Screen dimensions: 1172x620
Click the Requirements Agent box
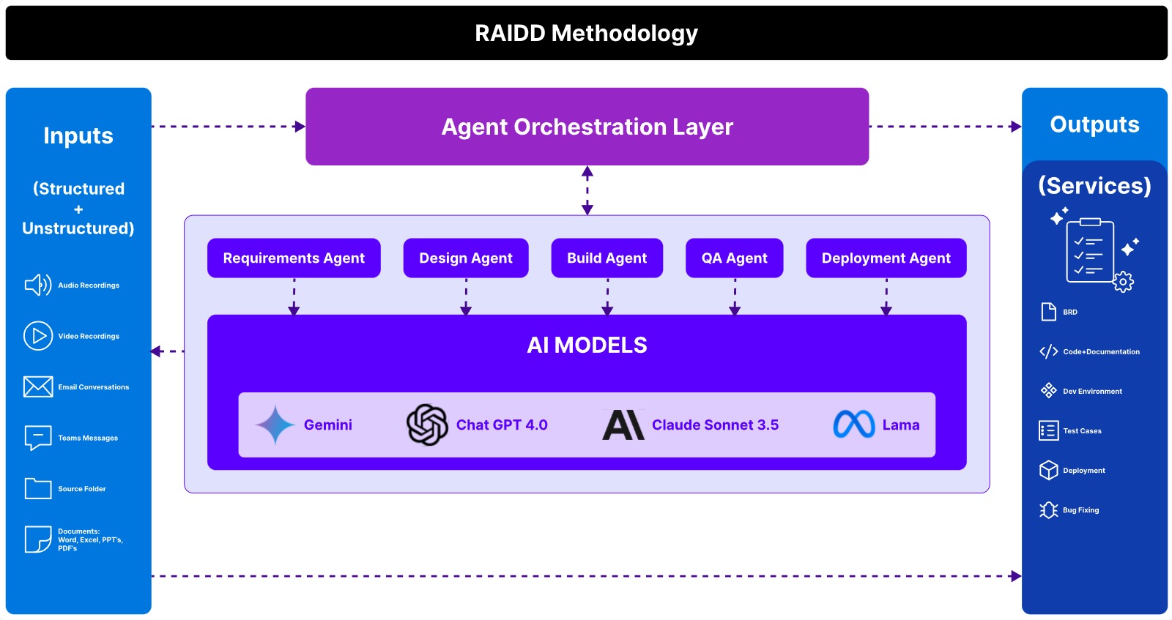point(294,258)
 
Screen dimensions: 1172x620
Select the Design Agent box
point(466,258)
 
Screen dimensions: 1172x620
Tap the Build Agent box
point(607,258)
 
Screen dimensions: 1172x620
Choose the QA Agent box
point(735,258)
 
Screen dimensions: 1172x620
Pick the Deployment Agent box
point(886,258)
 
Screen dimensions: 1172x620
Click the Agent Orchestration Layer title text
point(587,127)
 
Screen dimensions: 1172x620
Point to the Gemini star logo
point(275,425)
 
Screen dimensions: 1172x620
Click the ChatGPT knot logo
point(428,425)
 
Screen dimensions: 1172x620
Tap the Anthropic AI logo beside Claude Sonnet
point(623,425)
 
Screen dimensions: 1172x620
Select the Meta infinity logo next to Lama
point(854,424)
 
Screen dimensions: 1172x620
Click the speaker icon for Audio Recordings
point(37,285)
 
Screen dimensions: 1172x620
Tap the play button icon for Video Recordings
point(38,335)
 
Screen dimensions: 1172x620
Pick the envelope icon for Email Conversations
point(38,386)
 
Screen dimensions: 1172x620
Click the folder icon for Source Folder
point(38,489)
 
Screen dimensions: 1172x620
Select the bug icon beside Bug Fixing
point(1048,510)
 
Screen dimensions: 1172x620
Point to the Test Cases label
point(1082,430)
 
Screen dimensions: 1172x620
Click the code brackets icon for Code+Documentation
point(1048,351)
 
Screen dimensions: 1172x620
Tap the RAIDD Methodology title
point(587,34)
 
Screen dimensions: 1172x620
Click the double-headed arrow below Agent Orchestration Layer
point(587,190)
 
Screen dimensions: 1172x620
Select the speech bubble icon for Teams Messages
point(38,438)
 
